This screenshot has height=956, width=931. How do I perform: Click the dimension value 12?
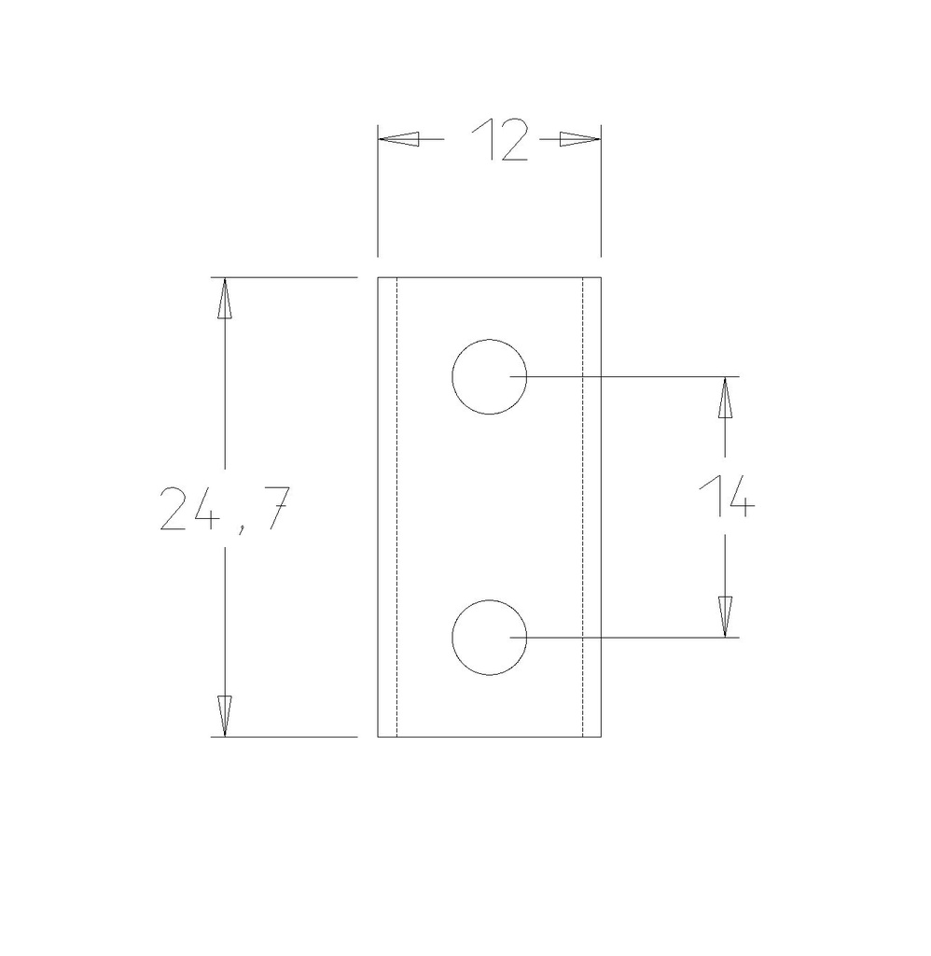click(x=500, y=140)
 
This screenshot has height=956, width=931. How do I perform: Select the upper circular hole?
click(x=489, y=376)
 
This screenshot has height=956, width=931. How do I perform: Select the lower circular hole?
click(x=489, y=638)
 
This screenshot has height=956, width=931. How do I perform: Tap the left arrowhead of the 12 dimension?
click(x=397, y=139)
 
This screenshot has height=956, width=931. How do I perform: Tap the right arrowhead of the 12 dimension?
click(x=578, y=139)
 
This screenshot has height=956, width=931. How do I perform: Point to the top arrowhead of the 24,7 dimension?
click(x=223, y=299)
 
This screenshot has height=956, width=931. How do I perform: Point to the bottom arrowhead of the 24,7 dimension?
click(x=223, y=716)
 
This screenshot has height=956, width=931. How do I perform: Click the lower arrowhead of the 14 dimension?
click(x=725, y=617)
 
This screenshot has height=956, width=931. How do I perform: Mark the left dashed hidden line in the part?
click(x=397, y=504)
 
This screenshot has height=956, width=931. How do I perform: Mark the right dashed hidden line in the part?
click(x=583, y=504)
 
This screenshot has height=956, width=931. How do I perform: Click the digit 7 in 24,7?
click(x=270, y=509)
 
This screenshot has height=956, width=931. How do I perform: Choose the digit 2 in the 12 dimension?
click(x=514, y=140)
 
